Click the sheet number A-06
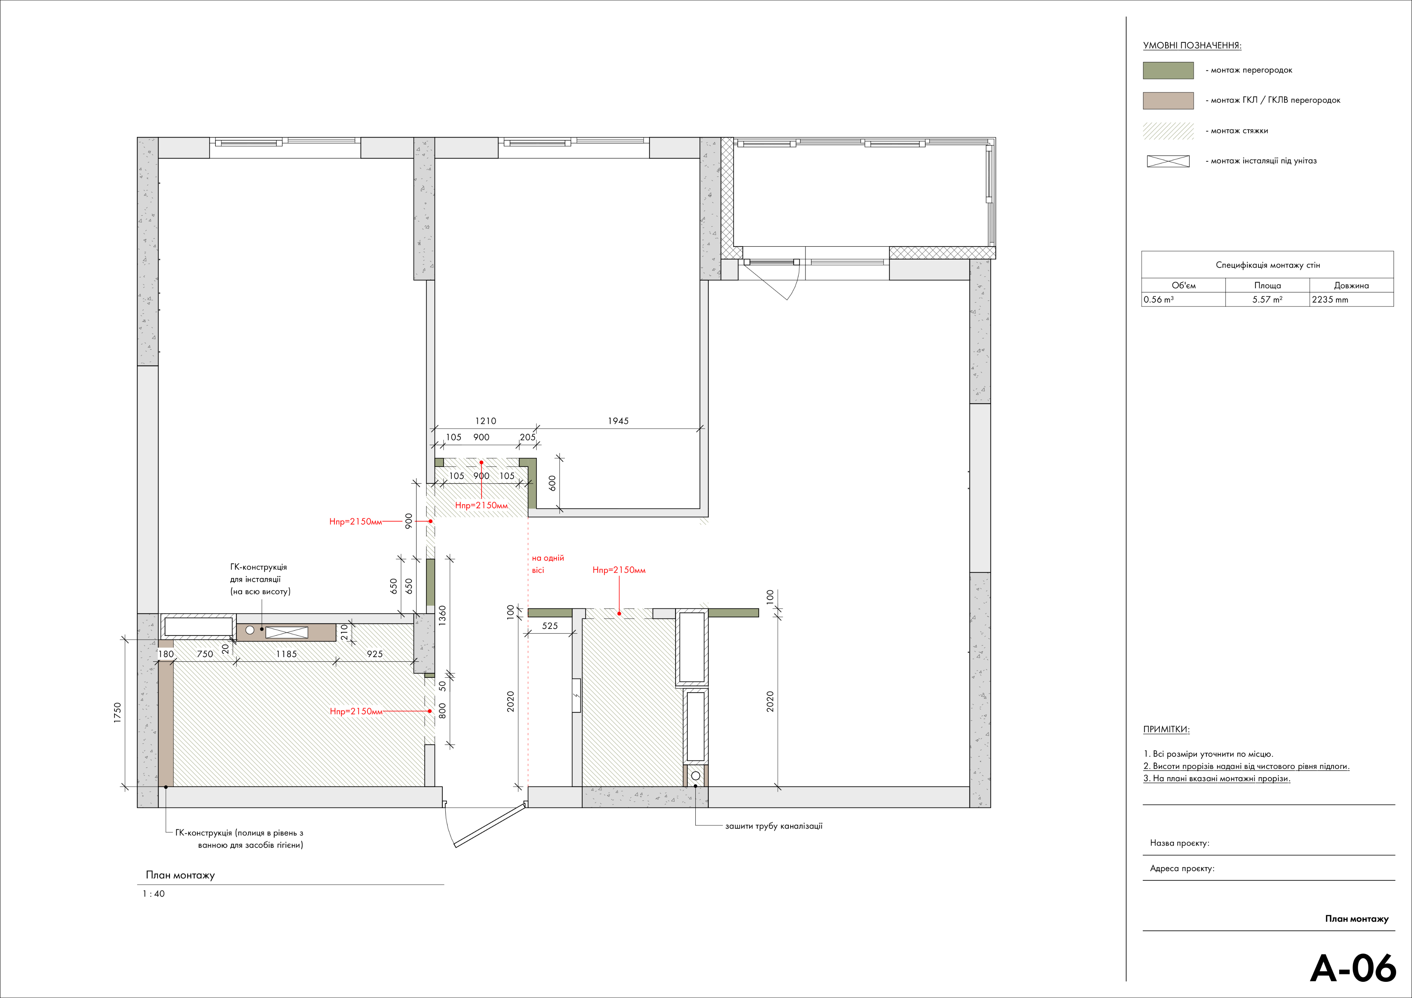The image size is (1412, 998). click(x=1353, y=968)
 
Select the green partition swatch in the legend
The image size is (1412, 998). click(x=1168, y=70)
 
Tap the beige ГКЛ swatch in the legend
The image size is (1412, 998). click(x=1168, y=100)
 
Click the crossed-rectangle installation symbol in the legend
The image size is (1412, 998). click(x=1168, y=161)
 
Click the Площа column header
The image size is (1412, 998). click(x=1268, y=285)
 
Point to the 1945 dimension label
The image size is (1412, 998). click(x=618, y=420)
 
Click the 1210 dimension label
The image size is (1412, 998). click(x=485, y=420)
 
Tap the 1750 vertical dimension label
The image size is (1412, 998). click(x=118, y=713)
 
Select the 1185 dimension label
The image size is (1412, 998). click(x=286, y=654)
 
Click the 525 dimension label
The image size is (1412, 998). click(x=550, y=625)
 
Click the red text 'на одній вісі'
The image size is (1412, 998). click(x=547, y=564)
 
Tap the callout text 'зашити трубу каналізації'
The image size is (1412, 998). click(x=774, y=826)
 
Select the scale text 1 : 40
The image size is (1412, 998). click(x=154, y=894)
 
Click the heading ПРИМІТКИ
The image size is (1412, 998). click(x=1166, y=729)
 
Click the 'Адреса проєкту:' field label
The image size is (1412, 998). click(x=1182, y=868)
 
